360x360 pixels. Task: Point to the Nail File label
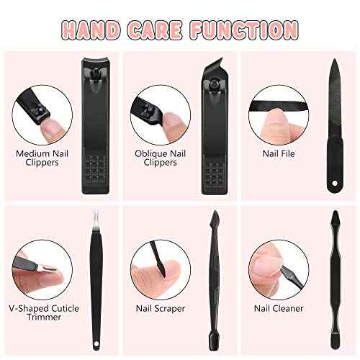point(276,153)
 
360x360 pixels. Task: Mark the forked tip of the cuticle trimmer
point(96,217)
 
